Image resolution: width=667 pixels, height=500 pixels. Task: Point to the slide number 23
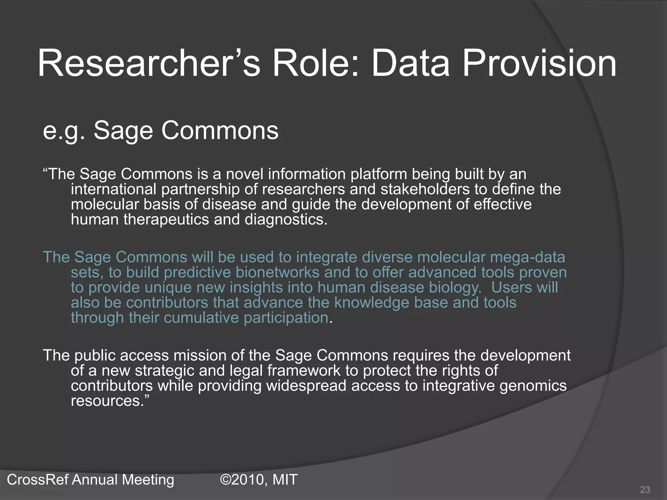point(645,490)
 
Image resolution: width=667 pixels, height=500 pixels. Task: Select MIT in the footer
point(285,479)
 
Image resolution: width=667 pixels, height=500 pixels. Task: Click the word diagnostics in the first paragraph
point(286,219)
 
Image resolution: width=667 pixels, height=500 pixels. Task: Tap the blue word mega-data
point(527,257)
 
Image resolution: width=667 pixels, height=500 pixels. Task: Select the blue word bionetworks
point(277,272)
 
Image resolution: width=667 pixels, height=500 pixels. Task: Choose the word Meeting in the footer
point(148,479)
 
